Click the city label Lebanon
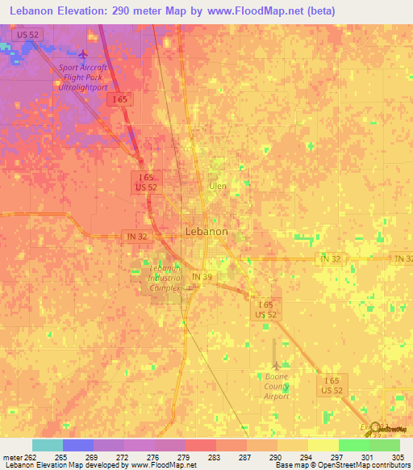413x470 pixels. point(206,231)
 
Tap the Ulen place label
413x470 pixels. point(218,186)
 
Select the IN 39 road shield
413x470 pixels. point(202,277)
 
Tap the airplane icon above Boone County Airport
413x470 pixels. point(276,364)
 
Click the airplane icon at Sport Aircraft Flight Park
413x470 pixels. point(83,55)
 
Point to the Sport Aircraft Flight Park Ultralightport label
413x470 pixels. point(83,77)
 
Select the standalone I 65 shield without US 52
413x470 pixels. point(120,99)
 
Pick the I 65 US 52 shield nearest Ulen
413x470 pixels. point(146,182)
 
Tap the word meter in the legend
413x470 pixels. point(12,458)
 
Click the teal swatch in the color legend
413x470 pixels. point(48,445)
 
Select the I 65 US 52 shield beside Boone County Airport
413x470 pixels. point(332,385)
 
